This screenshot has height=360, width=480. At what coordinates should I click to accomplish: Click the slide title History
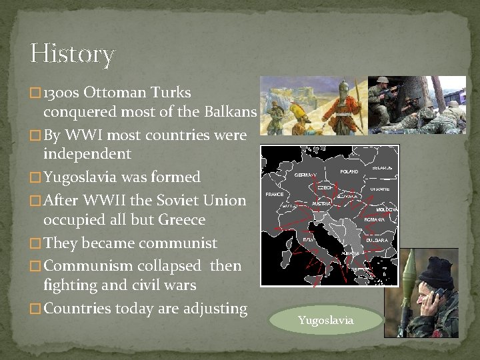[72, 54]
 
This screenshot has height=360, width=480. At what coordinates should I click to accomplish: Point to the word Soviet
[186, 200]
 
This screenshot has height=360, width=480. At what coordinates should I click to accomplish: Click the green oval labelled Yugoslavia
[326, 321]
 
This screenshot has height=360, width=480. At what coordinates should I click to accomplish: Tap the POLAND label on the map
[349, 171]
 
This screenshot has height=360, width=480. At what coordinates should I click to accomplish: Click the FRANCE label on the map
[274, 194]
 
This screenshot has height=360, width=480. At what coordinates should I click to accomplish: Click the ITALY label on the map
[309, 239]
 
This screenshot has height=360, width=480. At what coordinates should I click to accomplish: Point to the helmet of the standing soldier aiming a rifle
[383, 83]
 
